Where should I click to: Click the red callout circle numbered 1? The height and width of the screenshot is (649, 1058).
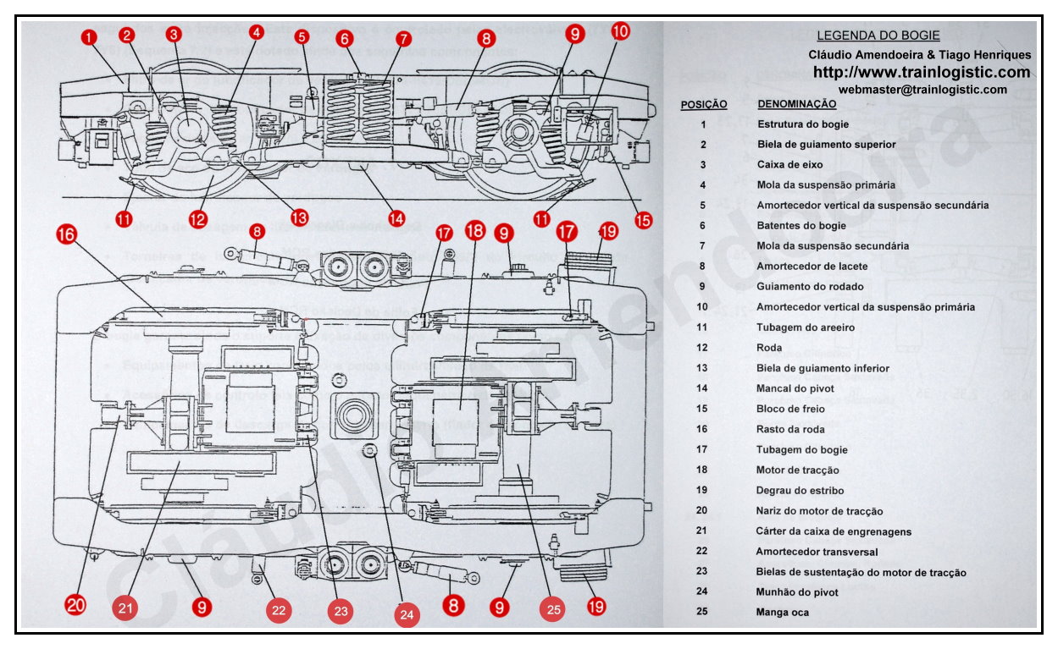[91, 37]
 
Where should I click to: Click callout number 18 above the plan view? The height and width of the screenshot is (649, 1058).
[475, 230]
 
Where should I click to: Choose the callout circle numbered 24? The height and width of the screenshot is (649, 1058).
[407, 615]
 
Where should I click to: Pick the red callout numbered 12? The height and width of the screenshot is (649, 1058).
[197, 220]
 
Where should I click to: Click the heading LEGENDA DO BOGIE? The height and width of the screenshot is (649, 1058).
[878, 36]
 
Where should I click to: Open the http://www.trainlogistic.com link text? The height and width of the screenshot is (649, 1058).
[922, 72]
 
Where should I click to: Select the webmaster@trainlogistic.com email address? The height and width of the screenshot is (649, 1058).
[922, 89]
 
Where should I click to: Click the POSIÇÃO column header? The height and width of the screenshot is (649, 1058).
[703, 104]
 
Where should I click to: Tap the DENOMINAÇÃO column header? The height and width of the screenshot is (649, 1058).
[796, 104]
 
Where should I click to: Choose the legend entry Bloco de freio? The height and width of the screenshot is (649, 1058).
[790, 409]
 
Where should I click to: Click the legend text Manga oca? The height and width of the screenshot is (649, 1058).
[782, 612]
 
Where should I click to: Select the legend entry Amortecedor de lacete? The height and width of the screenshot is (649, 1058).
[812, 266]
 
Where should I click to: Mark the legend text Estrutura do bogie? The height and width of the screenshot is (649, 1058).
[802, 124]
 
